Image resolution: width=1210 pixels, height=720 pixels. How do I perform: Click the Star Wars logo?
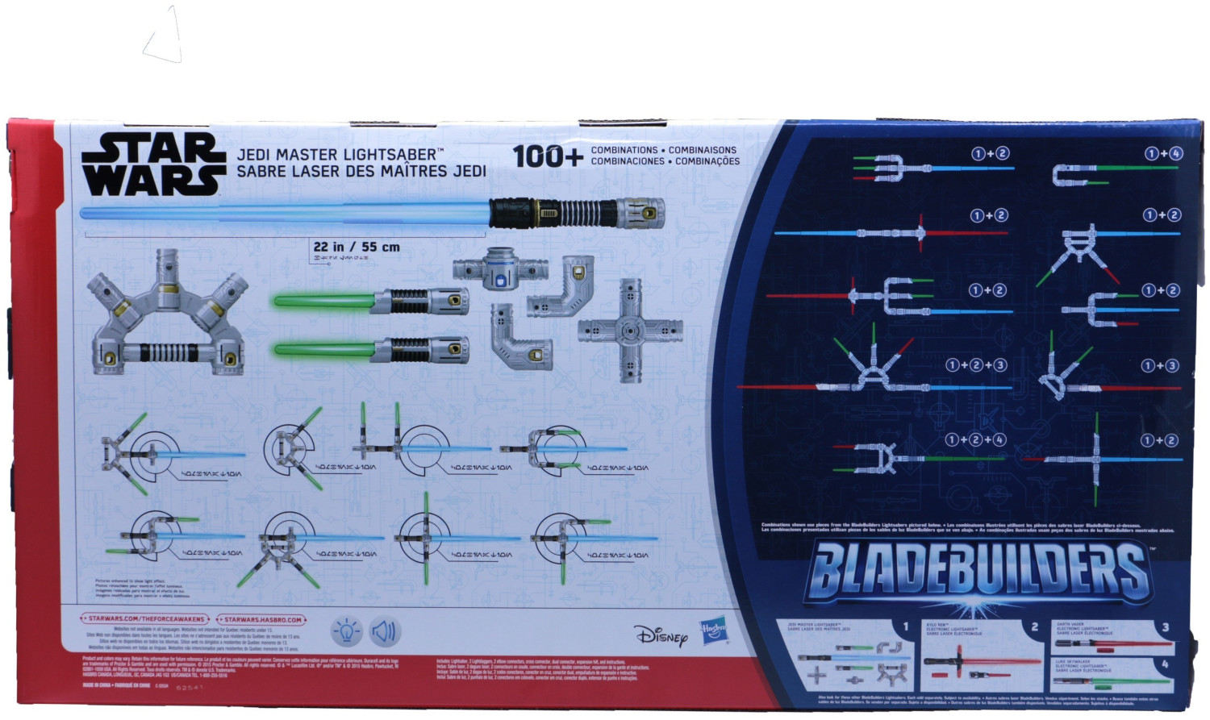click(x=152, y=164)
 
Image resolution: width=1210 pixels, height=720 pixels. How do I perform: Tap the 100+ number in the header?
click(x=547, y=156)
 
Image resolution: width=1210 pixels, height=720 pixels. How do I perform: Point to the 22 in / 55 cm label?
click(x=356, y=247)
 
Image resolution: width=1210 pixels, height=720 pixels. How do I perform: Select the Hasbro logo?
click(x=713, y=630)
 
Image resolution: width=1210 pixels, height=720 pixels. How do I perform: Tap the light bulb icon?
click(x=347, y=631)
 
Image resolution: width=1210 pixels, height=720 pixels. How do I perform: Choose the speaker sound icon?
click(x=385, y=631)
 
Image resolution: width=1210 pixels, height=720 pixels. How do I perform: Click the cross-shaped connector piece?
click(x=630, y=330)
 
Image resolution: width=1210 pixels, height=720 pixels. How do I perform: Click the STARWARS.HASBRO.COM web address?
click(x=262, y=619)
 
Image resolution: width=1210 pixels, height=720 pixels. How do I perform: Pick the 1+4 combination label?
click(x=1163, y=153)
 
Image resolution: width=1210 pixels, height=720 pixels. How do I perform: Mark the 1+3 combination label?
click(x=1160, y=365)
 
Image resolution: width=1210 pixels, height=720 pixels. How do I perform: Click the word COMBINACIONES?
click(x=628, y=161)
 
